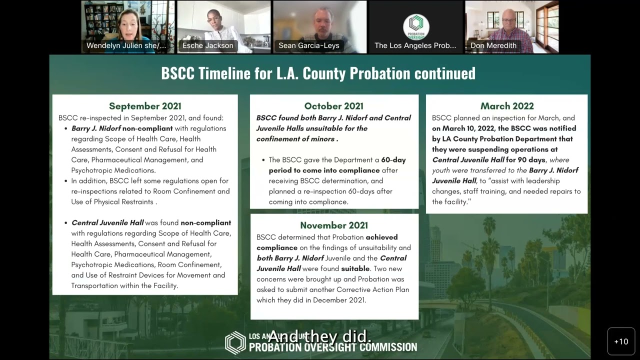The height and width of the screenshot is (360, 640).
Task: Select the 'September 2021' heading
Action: (x=145, y=106)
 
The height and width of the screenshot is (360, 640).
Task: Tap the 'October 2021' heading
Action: (x=333, y=106)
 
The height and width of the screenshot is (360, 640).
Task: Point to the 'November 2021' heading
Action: (x=334, y=225)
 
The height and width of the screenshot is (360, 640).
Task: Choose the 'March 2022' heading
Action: (x=507, y=106)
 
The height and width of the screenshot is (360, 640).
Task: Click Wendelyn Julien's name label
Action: (x=126, y=45)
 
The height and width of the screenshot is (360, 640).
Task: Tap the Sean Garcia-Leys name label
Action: (x=309, y=45)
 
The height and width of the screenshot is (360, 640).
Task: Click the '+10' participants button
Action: (x=621, y=341)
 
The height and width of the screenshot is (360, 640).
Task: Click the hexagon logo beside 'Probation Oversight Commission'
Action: (x=235, y=342)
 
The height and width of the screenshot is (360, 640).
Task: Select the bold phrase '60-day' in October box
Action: (x=393, y=160)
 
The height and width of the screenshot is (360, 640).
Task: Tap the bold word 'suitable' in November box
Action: (x=355, y=268)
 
